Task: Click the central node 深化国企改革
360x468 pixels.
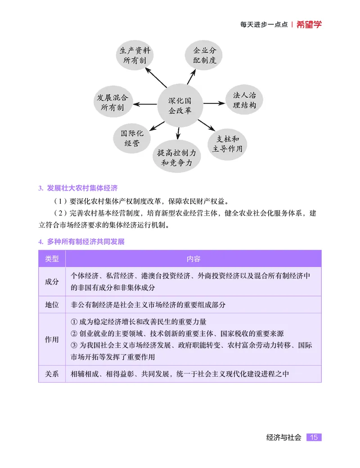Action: [x=180, y=105]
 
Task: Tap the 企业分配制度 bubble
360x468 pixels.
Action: [x=204, y=55]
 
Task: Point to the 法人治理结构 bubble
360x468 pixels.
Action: [x=244, y=100]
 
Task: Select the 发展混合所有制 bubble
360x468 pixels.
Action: [x=112, y=103]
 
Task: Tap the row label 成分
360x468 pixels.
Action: [x=52, y=281]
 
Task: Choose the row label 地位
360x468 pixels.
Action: [x=52, y=305]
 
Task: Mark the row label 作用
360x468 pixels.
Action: [x=52, y=339]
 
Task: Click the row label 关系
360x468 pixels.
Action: [x=52, y=374]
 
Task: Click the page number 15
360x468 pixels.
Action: [x=314, y=437]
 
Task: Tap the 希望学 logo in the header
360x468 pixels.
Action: [x=309, y=25]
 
